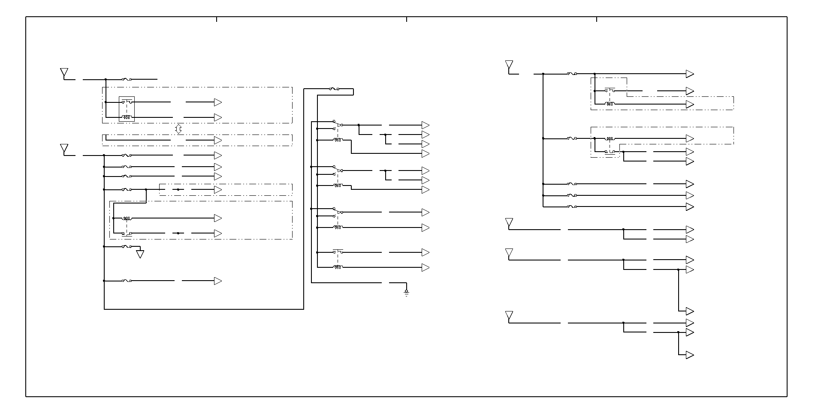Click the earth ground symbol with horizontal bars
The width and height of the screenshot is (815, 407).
406,293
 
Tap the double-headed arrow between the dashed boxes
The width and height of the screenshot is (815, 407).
179,129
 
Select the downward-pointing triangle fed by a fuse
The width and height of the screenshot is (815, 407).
140,254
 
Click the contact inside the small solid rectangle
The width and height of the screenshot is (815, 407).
127,102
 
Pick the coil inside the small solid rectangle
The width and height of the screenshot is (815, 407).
127,117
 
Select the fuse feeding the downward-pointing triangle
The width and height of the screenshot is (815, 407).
127,246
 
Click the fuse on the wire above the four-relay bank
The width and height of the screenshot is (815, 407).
334,89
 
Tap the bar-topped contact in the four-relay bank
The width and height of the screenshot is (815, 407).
338,252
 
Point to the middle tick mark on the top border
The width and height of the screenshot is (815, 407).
407,19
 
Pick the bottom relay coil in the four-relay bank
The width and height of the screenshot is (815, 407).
338,267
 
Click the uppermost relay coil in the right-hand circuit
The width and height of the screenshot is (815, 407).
609,104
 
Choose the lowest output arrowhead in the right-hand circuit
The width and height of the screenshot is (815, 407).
690,355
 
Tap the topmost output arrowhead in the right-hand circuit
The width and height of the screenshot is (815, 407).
690,74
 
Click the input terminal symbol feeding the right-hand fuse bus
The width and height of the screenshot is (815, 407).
509,66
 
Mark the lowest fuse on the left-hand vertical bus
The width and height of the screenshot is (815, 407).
127,281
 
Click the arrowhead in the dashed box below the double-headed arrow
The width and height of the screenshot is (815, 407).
218,140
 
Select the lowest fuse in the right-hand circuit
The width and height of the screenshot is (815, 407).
572,206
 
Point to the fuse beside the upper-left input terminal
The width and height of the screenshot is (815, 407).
127,79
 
